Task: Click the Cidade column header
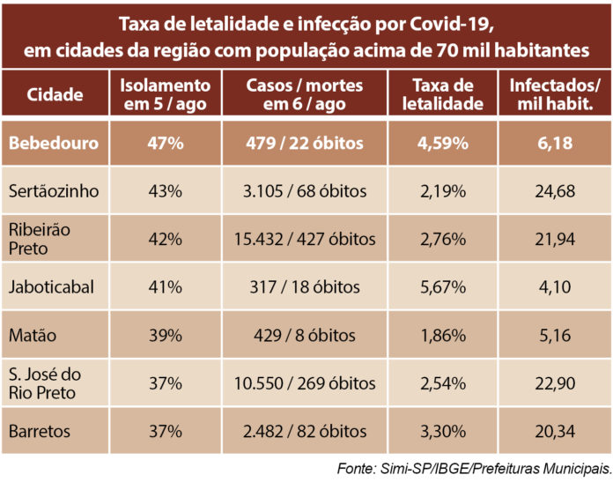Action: (55, 95)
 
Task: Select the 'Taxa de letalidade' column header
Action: (449, 95)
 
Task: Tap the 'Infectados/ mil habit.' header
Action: (556, 95)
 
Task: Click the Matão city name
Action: (33, 335)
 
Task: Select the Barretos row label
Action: (40, 431)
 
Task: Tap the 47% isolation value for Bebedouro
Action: (166, 143)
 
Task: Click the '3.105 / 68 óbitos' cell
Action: (313, 190)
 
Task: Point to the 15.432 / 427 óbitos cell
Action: (313, 239)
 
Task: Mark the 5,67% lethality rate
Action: (449, 287)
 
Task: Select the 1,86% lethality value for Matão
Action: (449, 335)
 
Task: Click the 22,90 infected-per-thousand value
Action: (556, 383)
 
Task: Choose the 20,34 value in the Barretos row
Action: (556, 431)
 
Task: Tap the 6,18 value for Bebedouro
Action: (556, 143)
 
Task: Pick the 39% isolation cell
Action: (166, 335)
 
